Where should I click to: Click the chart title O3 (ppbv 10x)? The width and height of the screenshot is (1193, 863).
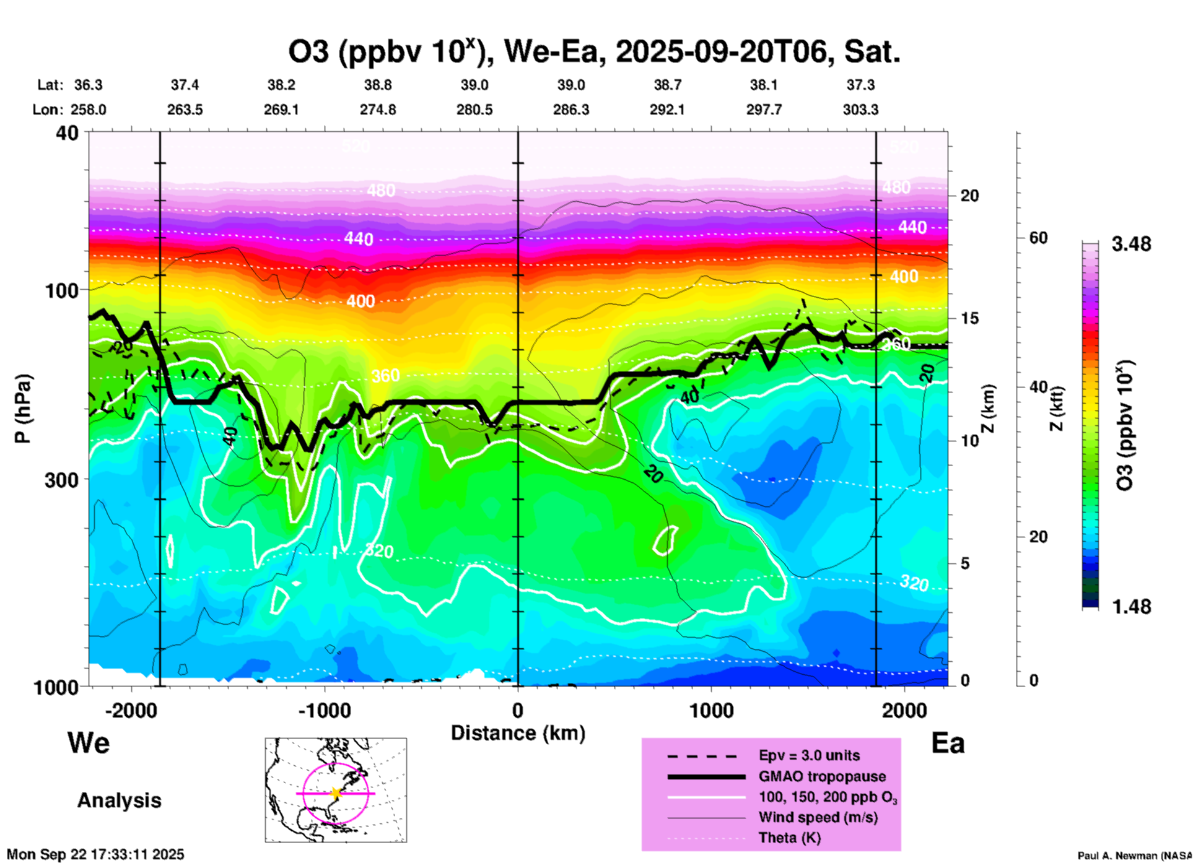pos(593,52)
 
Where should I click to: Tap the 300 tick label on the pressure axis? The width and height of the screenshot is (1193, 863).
pos(62,480)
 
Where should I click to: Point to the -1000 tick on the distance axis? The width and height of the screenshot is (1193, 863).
pos(324,711)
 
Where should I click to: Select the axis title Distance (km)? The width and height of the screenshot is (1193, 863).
pos(518,733)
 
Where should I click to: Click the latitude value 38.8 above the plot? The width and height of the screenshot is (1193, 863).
pos(377,85)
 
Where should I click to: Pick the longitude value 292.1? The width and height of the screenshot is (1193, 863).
pos(667,110)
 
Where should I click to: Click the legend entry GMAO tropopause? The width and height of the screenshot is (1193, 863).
pos(822,776)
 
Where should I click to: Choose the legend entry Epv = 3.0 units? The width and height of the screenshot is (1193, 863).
pos(809,756)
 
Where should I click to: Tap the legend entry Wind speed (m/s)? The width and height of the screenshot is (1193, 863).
pos(818,817)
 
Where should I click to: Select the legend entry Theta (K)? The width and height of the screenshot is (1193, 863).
pos(789,838)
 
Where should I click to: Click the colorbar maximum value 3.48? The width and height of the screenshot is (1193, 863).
pos(1131,245)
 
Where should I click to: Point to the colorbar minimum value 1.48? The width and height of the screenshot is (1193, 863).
pos(1131,607)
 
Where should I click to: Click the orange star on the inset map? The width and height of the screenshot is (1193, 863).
pos(336,793)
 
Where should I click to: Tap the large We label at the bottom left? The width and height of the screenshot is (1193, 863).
pos(89,742)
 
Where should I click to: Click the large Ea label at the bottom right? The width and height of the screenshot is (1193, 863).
pos(948,744)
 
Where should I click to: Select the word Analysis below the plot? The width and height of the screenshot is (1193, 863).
pos(119,800)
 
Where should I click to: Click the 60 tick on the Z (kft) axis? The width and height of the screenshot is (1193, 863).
pos(1038,238)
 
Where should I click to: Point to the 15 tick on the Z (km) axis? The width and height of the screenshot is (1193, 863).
pos(969,318)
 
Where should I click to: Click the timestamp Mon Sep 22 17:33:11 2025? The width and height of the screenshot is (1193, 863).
pos(95,854)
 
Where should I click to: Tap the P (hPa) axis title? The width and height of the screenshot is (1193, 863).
pos(22,409)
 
